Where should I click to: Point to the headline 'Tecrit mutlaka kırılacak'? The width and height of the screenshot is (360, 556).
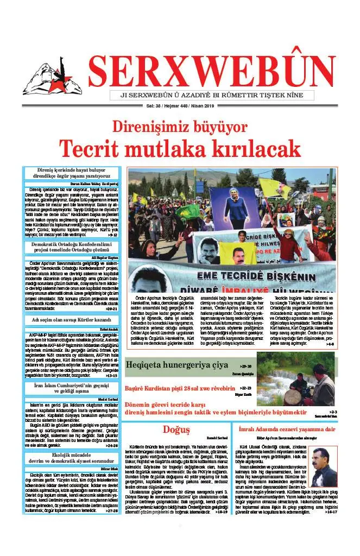(x=180, y=148)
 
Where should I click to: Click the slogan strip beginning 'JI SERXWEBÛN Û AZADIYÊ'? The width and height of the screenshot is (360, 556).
(x=211, y=95)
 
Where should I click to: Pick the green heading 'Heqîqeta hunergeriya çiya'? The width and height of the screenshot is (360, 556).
(x=177, y=365)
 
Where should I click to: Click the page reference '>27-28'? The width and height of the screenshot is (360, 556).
(x=111, y=510)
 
